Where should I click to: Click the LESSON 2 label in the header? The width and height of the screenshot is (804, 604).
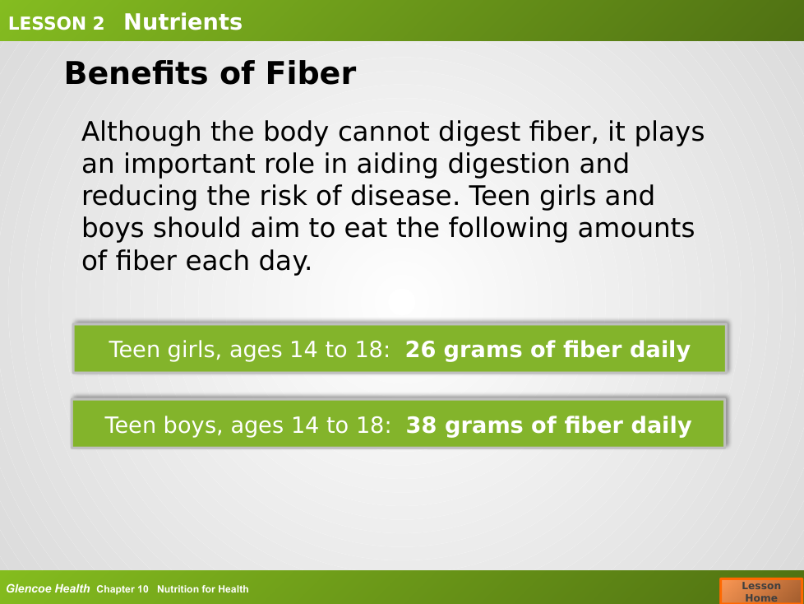click(56, 23)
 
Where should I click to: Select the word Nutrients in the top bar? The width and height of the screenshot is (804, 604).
click(183, 22)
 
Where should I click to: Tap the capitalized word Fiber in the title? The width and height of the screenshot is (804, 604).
click(311, 73)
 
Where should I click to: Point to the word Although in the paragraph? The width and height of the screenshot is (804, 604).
click(141, 132)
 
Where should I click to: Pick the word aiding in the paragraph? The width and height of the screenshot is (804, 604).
click(397, 165)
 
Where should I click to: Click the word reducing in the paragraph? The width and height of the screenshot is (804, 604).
click(140, 197)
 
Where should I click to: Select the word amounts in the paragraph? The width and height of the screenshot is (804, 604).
click(635, 229)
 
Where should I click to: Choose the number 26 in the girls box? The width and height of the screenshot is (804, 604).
click(419, 350)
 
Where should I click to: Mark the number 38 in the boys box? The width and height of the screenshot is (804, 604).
click(420, 425)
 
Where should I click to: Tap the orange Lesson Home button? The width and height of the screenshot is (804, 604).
click(761, 591)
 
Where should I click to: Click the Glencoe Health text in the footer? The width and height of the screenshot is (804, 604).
click(48, 588)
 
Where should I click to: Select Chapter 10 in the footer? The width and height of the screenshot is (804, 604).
click(122, 589)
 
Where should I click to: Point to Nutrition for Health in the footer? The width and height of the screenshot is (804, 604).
click(202, 589)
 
